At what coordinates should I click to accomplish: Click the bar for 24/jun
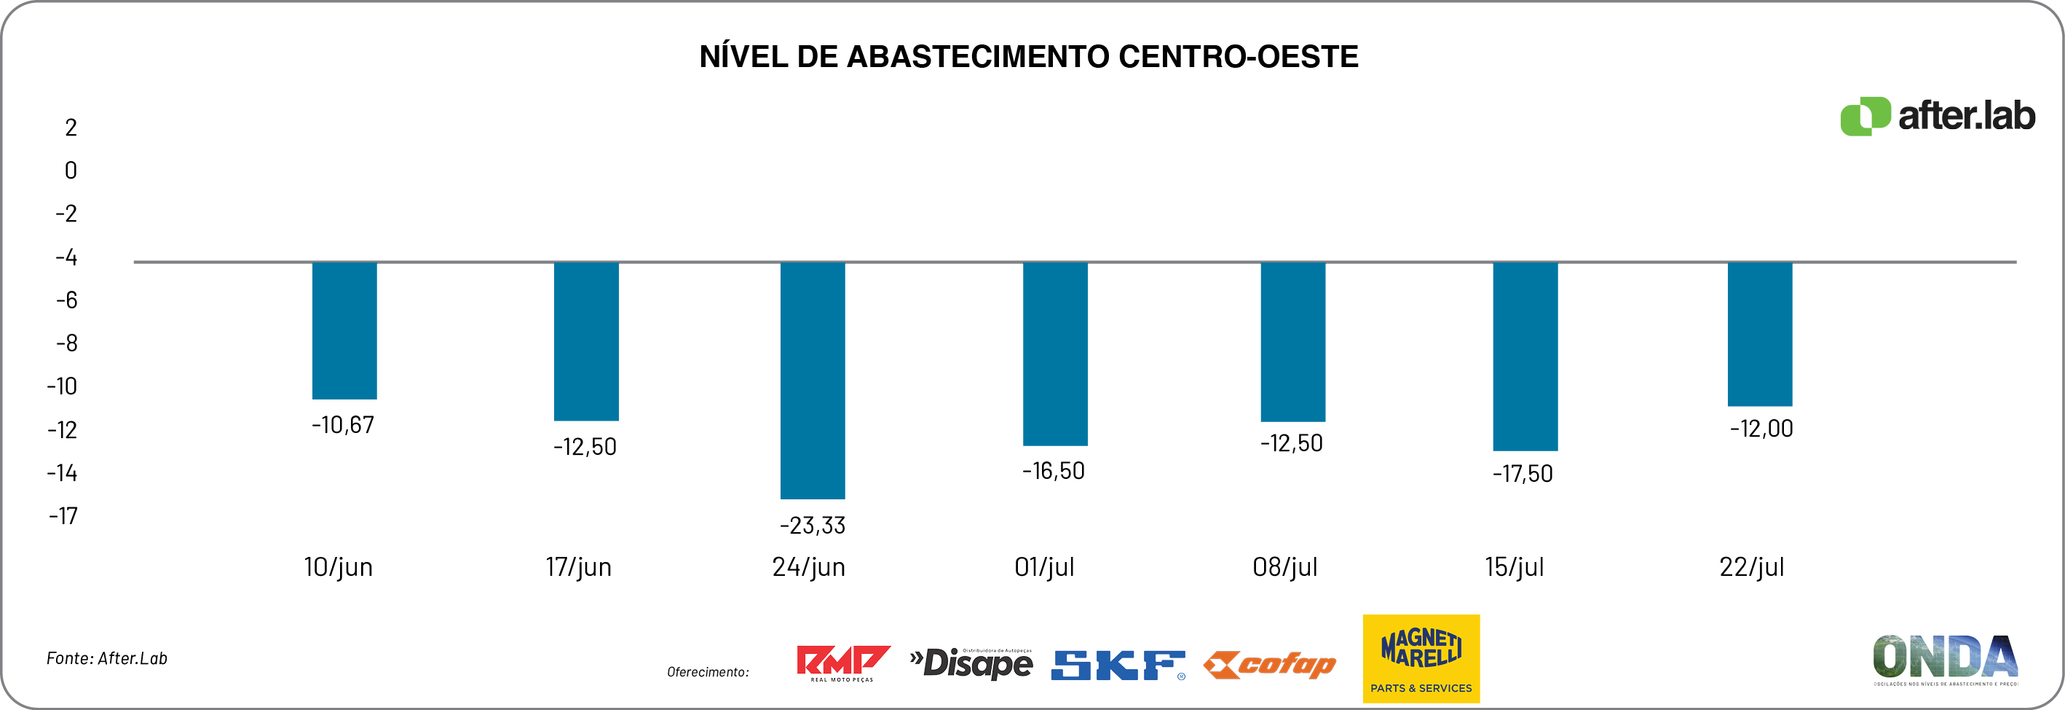point(812,380)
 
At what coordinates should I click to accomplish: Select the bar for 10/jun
point(344,329)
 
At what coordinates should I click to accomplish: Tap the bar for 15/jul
point(1525,356)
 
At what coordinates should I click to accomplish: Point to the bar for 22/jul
point(1760,333)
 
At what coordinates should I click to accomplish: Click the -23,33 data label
point(812,526)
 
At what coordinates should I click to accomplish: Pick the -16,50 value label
point(1053,471)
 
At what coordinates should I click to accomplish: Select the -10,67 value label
point(342,425)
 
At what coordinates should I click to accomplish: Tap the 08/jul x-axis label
point(1284,567)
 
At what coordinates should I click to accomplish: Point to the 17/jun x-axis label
point(578,567)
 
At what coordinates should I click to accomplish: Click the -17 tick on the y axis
point(63,516)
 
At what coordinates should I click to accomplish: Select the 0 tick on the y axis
point(71,170)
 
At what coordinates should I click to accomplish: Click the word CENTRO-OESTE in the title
point(1238,57)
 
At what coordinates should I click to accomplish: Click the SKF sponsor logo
point(1118,665)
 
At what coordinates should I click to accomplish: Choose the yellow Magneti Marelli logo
point(1421,659)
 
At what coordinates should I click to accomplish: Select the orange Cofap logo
point(1270,664)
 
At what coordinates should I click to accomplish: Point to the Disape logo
point(971,663)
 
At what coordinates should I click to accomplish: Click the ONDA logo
point(1945,660)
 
